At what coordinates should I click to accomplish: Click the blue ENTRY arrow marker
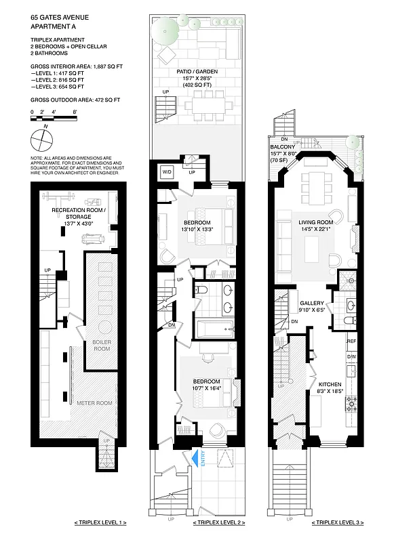[199, 459]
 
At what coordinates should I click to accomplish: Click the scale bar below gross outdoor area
[54, 119]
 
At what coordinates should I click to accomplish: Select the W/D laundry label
[166, 172]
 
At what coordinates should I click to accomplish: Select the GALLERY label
[313, 303]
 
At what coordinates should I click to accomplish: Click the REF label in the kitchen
[351, 341]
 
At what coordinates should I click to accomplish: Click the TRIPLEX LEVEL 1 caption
[100, 523]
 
